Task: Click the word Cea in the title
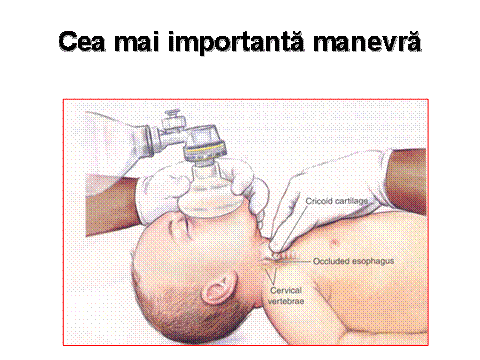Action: tap(82, 41)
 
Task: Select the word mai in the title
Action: tap(136, 41)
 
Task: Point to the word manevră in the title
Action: tap(367, 41)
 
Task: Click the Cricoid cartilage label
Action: tap(337, 201)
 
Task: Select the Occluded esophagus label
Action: tap(354, 261)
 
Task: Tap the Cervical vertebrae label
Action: tap(286, 296)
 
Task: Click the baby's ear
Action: tap(219, 287)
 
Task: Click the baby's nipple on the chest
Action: tap(334, 242)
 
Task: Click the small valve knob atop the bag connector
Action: tap(172, 115)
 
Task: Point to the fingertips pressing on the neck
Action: tap(276, 248)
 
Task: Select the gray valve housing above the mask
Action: tap(204, 140)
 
